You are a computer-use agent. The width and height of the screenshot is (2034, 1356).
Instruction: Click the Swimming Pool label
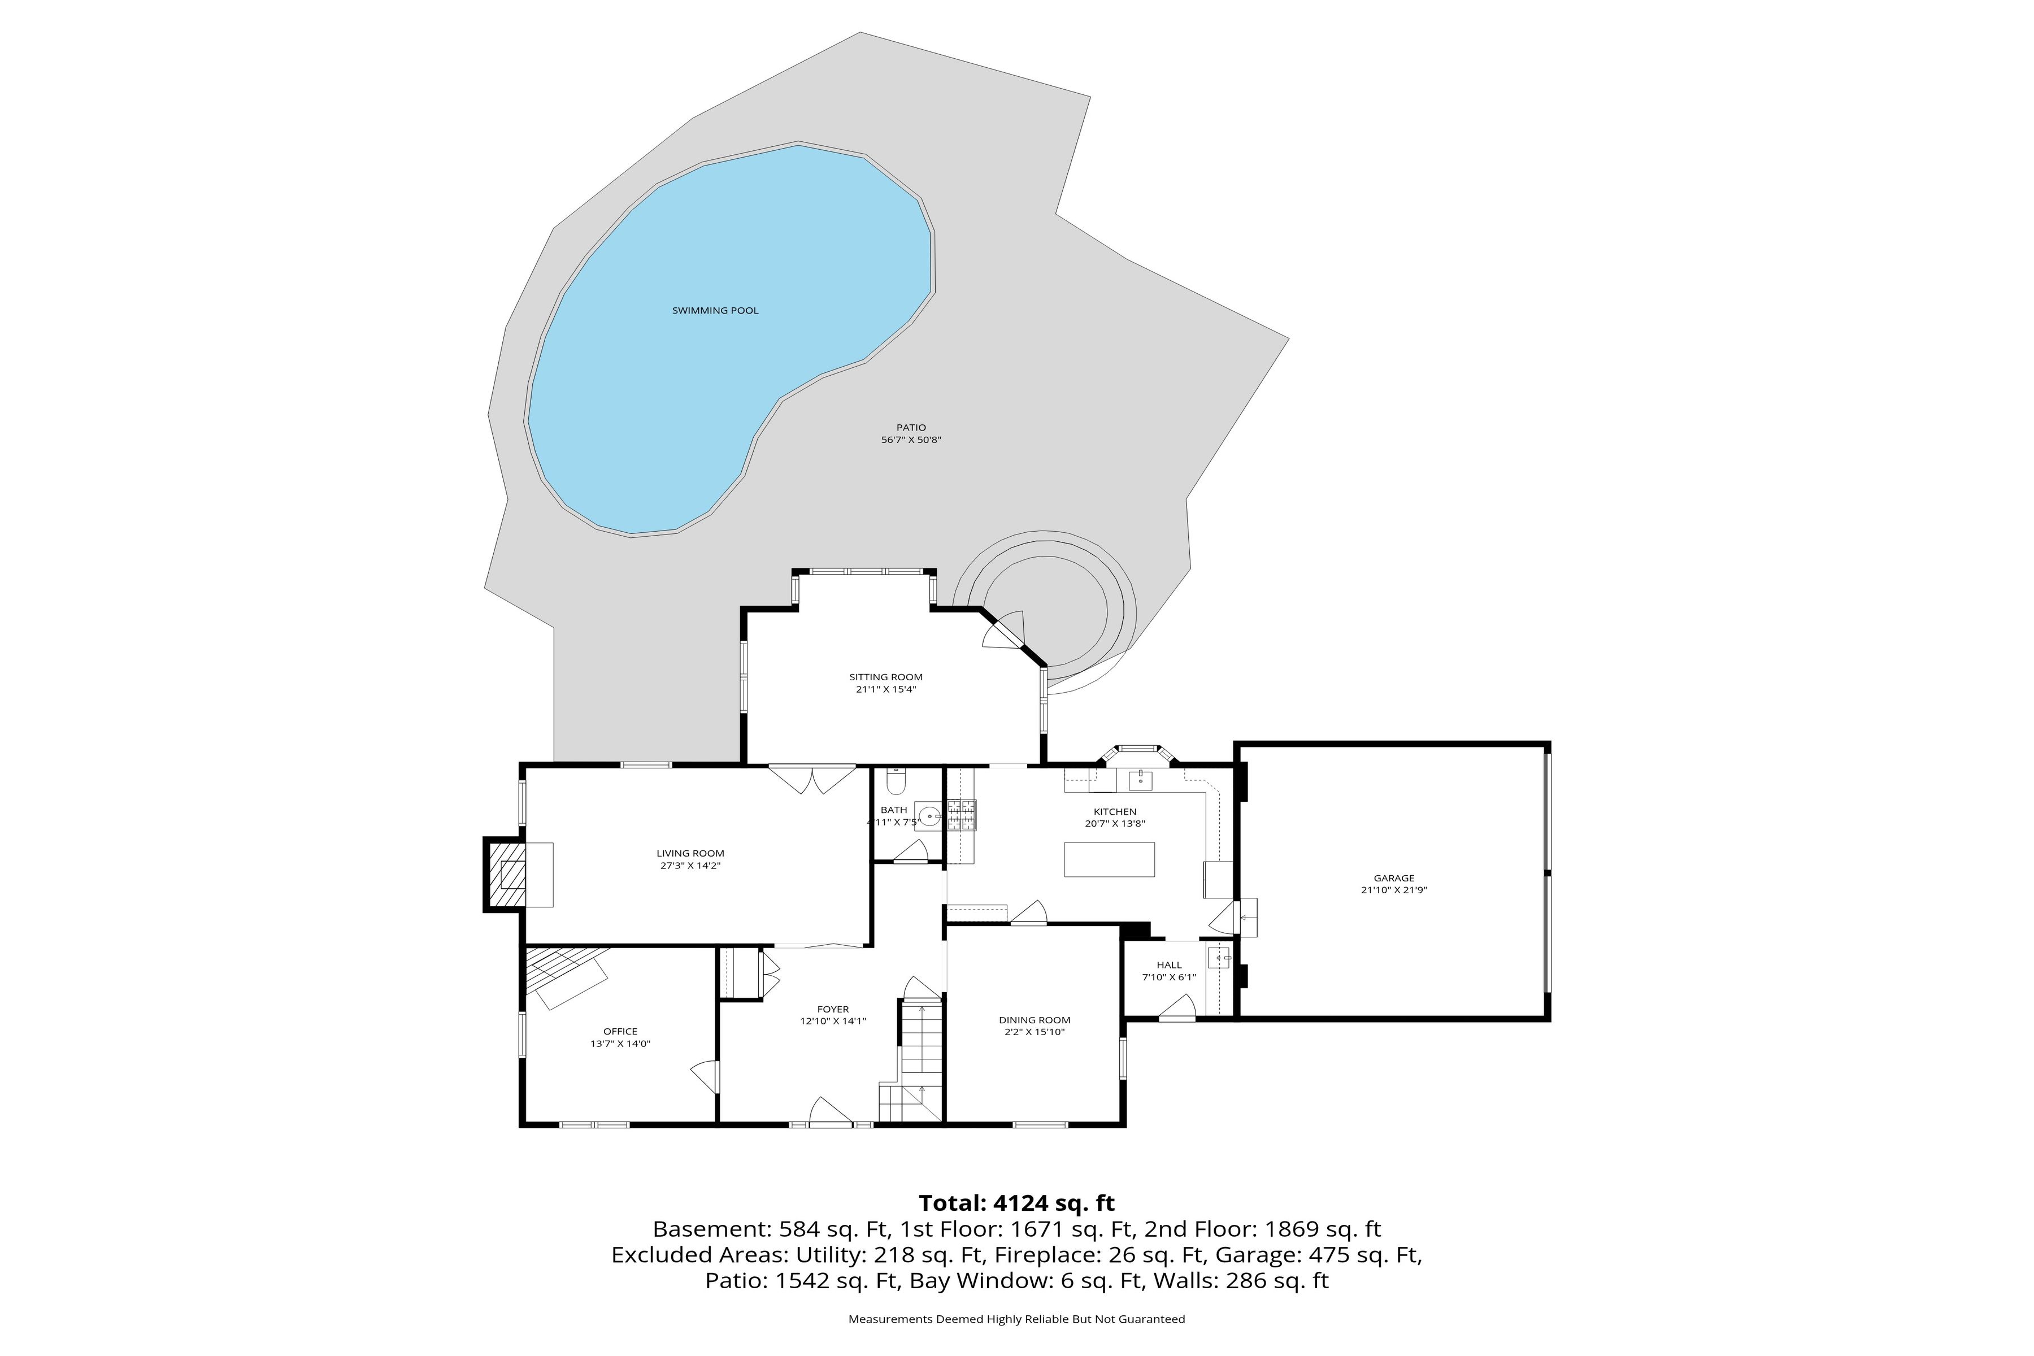pos(715,310)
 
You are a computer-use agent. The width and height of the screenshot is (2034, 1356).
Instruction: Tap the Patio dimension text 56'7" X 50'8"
pos(911,440)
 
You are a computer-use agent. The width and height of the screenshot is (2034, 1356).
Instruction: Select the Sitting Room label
pos(885,677)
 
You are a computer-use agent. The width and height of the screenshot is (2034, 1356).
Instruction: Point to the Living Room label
pos(690,854)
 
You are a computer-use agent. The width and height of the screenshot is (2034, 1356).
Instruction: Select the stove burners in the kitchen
pos(963,815)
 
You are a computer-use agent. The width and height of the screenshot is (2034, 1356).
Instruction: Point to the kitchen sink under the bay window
pos(1141,781)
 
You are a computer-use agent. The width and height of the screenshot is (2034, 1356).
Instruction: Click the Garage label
pos(1394,878)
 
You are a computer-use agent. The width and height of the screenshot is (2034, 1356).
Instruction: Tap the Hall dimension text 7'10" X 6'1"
pos(1168,977)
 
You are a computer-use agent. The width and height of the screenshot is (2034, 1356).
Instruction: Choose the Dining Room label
pos(1035,1020)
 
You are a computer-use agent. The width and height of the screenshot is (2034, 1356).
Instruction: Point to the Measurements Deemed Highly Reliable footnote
pos(1016,1319)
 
